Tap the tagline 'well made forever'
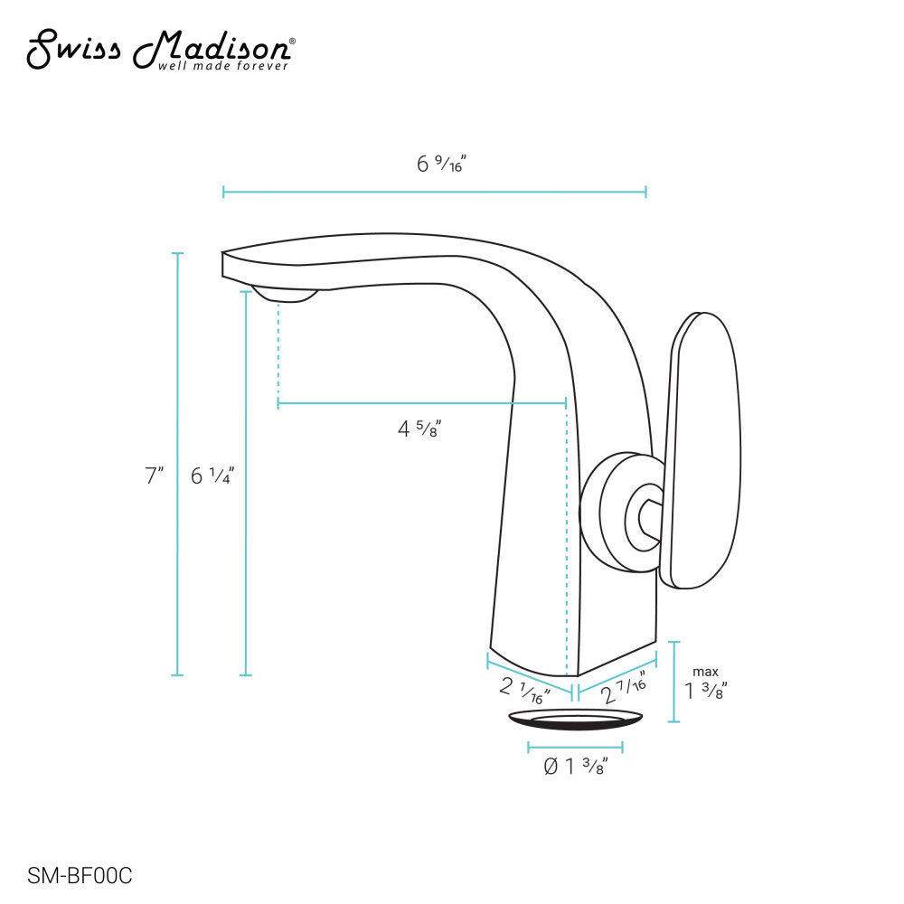(x=223, y=66)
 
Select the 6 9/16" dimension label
(x=440, y=165)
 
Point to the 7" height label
(x=155, y=476)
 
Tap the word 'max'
(x=705, y=672)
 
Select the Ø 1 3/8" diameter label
(x=575, y=767)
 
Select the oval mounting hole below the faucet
(x=576, y=719)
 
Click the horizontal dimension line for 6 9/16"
(x=434, y=192)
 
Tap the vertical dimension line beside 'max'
(x=673, y=682)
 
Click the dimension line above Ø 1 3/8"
(x=575, y=748)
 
